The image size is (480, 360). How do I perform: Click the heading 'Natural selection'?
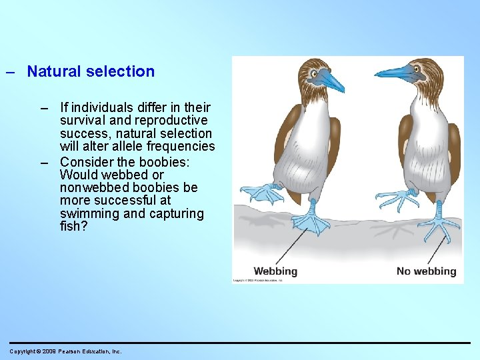pos(91,71)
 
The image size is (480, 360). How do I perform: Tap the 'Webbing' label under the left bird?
pos(275,271)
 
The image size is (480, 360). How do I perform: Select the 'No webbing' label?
pos(426,271)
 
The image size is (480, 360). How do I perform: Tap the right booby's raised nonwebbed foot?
pos(397,198)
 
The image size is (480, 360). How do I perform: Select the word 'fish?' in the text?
pos(73,227)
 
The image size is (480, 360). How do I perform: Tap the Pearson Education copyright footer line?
pos(65,351)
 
